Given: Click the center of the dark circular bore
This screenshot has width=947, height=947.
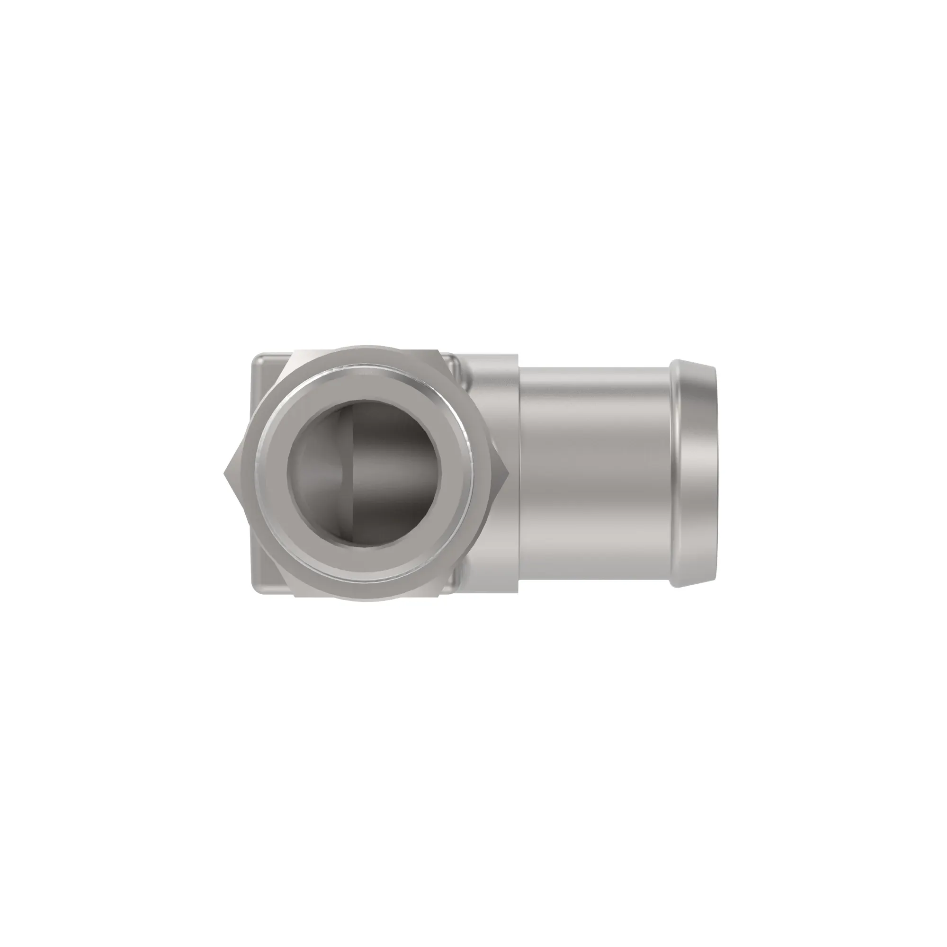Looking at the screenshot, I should [x=364, y=473].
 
